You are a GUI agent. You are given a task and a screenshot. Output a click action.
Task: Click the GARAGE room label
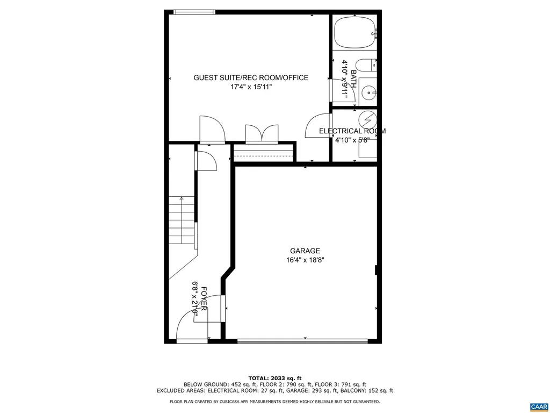[x=305, y=251]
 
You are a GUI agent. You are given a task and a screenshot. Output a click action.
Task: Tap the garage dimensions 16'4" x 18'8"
[x=305, y=260]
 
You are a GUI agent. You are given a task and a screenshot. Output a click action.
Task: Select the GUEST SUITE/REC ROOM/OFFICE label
[x=251, y=78]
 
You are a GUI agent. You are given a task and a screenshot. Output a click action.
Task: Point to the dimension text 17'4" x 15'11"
[x=251, y=87]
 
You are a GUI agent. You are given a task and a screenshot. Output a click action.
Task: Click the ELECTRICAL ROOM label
[x=352, y=131]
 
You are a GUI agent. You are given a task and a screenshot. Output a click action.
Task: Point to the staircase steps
[x=181, y=220]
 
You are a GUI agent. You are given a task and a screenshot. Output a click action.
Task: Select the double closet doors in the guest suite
[x=262, y=133]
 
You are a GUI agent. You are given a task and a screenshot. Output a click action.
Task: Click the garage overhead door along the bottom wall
[x=302, y=340]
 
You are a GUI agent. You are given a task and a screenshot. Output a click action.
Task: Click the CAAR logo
[x=538, y=406]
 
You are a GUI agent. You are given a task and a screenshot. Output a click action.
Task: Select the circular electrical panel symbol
[x=367, y=119]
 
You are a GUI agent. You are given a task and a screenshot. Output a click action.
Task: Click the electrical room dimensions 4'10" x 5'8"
[x=352, y=140]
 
